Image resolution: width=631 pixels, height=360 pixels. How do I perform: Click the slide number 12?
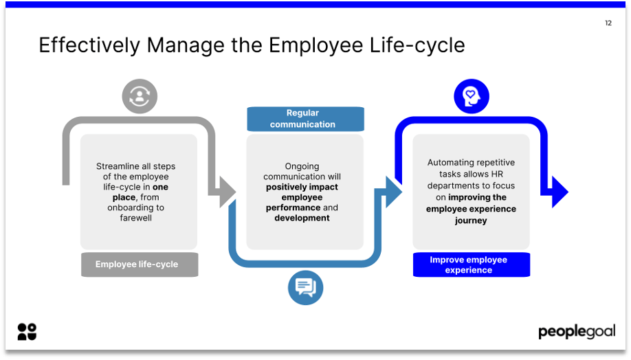608,23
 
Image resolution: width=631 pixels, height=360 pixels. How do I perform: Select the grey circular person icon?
140,96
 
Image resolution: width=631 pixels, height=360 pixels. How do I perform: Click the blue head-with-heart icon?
471,96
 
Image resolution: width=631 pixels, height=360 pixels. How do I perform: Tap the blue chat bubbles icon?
305,286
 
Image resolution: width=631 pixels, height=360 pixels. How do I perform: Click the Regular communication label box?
305,119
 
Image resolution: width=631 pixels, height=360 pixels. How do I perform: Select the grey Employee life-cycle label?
140,265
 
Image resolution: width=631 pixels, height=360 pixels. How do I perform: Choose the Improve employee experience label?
471,265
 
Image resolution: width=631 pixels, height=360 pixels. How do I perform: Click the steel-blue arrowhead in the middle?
393,191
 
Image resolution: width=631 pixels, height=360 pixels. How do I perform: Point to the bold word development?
302,218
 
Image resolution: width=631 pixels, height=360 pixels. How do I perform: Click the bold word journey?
471,221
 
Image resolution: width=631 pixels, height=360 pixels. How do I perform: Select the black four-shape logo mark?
27,331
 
